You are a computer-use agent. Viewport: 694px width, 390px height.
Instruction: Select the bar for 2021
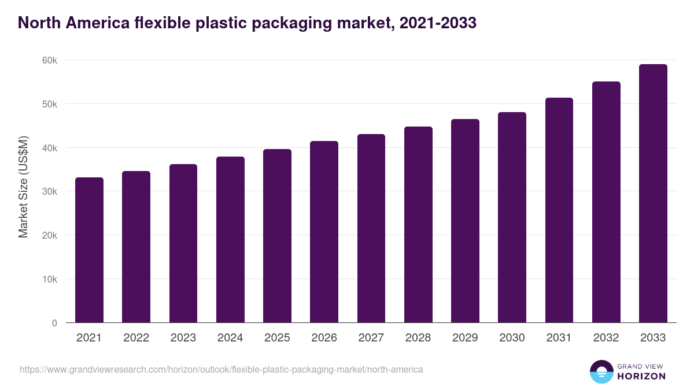89,250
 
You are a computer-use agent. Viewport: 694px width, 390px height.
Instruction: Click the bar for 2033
653,194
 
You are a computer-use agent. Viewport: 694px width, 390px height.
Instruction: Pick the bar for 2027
371,228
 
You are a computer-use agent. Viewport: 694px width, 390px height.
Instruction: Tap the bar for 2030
512,217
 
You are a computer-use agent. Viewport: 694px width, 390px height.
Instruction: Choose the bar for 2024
230,240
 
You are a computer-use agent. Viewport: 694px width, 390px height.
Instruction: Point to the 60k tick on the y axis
49,61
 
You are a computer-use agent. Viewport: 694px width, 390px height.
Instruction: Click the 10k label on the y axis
49,279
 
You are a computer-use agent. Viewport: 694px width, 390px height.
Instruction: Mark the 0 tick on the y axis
54,323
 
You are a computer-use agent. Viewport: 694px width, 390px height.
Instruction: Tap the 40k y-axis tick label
49,148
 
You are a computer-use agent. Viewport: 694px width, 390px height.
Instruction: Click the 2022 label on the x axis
136,338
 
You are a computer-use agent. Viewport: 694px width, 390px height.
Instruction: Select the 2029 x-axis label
465,338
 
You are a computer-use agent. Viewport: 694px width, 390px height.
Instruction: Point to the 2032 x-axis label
606,338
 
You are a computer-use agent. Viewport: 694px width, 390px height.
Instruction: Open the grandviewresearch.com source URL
221,369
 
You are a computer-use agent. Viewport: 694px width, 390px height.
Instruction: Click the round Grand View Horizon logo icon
601,372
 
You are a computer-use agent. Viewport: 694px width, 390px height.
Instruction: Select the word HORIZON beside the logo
641,376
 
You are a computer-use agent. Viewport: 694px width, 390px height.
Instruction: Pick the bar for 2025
277,236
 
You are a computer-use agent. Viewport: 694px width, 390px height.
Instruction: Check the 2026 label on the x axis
324,338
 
